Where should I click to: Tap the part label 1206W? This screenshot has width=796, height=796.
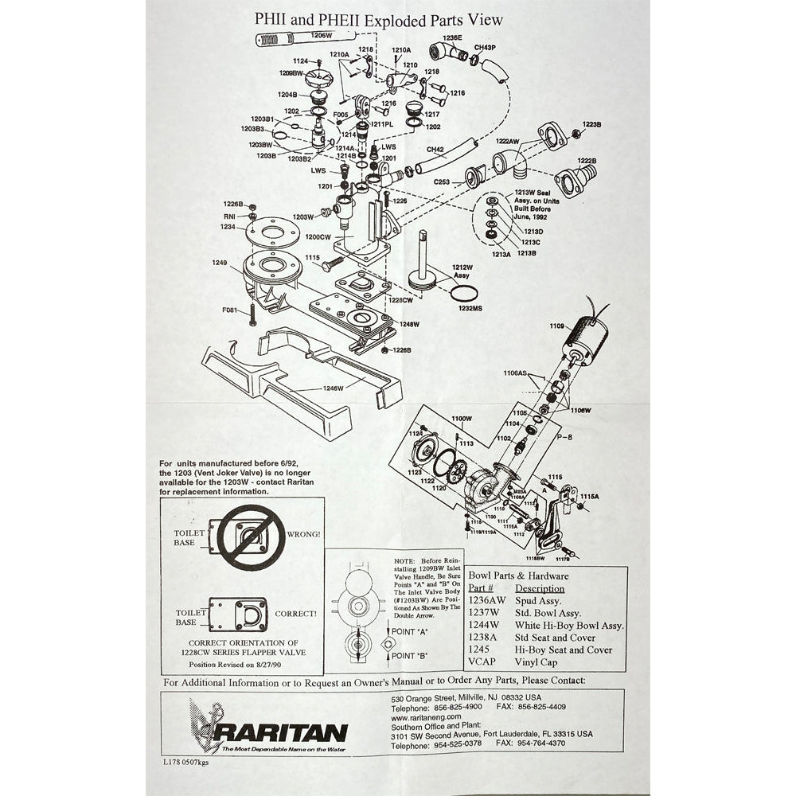click(x=320, y=36)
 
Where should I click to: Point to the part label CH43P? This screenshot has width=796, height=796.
click(x=485, y=48)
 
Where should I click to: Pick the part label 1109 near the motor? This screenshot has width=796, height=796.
click(x=556, y=326)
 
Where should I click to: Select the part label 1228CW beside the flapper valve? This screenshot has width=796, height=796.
click(x=400, y=300)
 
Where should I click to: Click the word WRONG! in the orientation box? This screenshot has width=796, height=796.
click(x=306, y=534)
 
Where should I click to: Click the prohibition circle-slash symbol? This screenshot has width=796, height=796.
click(x=252, y=537)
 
